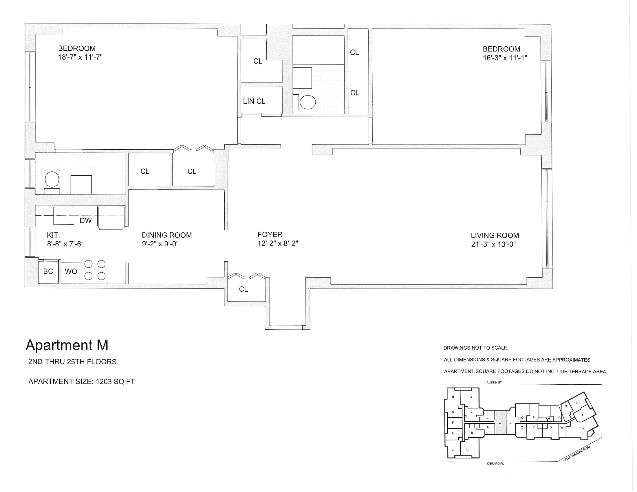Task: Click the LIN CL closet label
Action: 254,101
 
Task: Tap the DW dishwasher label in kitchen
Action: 85,221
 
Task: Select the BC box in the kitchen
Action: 48,271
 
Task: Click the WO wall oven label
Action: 71,271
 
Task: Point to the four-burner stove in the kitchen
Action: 95,270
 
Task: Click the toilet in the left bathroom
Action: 52,179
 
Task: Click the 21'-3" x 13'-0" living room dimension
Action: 493,244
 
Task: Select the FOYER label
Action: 270,235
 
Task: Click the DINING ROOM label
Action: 166,235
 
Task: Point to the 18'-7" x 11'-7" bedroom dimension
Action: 80,57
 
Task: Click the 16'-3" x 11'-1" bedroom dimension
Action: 505,58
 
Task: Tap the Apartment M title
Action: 67,345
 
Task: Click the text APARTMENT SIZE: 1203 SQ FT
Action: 81,381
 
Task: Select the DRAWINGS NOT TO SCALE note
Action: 476,348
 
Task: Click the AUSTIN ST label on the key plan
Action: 494,382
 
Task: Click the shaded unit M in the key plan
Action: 500,423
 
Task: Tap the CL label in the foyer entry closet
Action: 243,289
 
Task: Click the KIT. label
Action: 53,235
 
